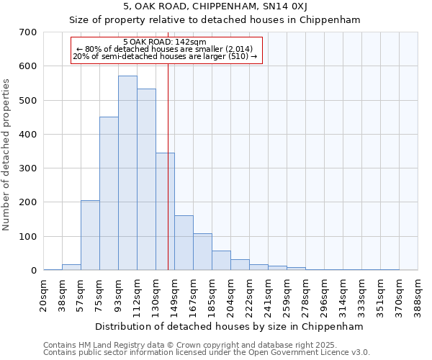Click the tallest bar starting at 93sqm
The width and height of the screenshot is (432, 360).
pyautogui.click(x=127, y=173)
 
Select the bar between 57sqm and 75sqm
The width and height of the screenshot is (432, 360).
pyautogui.click(x=90, y=235)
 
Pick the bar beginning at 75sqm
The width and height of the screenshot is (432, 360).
pyautogui.click(x=109, y=193)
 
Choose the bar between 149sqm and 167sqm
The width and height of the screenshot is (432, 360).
pyautogui.click(x=184, y=243)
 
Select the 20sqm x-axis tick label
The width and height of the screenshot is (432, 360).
pyautogui.click(x=44, y=295)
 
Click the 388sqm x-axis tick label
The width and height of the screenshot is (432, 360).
pyautogui.click(x=418, y=295)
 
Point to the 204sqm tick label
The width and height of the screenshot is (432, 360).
pyautogui.click(x=231, y=295)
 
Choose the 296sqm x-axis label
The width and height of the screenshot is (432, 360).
pyautogui.click(x=325, y=295)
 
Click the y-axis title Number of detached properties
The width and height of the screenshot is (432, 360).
pyautogui.click(x=7, y=155)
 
